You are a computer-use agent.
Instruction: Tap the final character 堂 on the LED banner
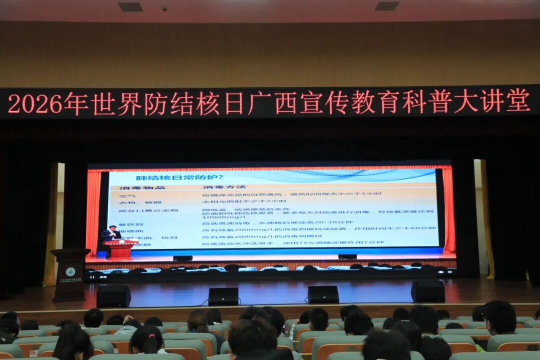[518, 100]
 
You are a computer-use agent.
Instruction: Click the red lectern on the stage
[120, 249]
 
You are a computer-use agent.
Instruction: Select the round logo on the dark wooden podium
[70, 271]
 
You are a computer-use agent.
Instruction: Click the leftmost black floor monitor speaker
[113, 296]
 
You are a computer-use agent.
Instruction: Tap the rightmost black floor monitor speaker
[428, 291]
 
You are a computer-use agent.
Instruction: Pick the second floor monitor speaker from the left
[223, 296]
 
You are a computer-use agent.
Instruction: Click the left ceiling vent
[130, 7]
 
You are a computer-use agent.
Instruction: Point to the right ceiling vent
[387, 6]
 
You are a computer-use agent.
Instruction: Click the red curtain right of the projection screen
[448, 210]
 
